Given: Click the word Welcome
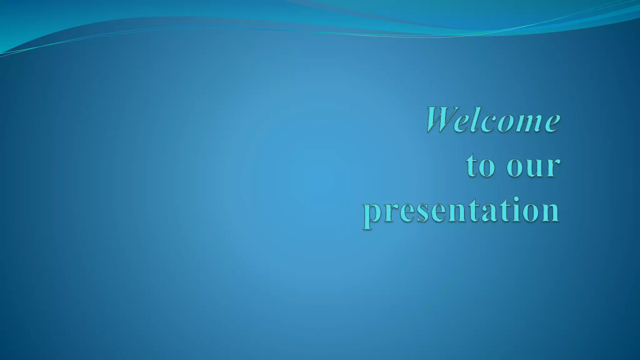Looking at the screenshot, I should click(x=493, y=120).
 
